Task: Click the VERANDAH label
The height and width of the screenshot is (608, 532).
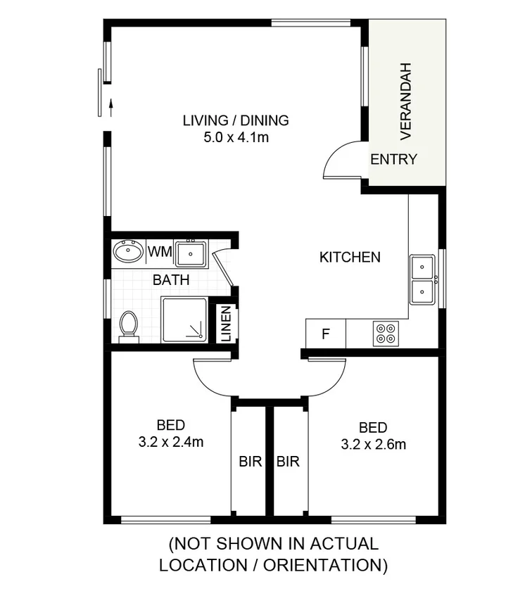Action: [406, 100]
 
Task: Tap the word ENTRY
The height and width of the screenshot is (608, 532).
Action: [393, 159]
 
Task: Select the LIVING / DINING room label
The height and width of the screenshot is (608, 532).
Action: [235, 120]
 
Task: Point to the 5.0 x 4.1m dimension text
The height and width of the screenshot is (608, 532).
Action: [235, 137]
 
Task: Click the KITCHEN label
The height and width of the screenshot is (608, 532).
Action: [350, 257]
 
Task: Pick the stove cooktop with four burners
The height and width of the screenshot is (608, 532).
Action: [386, 333]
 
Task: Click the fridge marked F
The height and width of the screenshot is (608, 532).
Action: [325, 334]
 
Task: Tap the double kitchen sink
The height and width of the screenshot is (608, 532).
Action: [423, 280]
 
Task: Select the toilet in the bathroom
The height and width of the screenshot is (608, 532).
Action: [129, 327]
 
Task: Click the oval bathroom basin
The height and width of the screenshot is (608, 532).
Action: [128, 251]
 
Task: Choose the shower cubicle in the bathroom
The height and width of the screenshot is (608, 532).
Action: [184, 319]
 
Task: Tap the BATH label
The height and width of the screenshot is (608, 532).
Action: [171, 279]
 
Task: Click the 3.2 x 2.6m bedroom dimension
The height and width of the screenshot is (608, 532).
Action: [373, 444]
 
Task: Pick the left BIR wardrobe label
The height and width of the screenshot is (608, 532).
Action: [251, 462]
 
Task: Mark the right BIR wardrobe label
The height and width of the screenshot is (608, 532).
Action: [288, 462]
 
